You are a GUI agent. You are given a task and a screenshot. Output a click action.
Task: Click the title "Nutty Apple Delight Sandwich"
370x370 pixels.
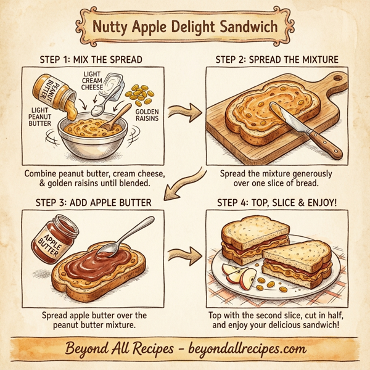coord(185,27)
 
